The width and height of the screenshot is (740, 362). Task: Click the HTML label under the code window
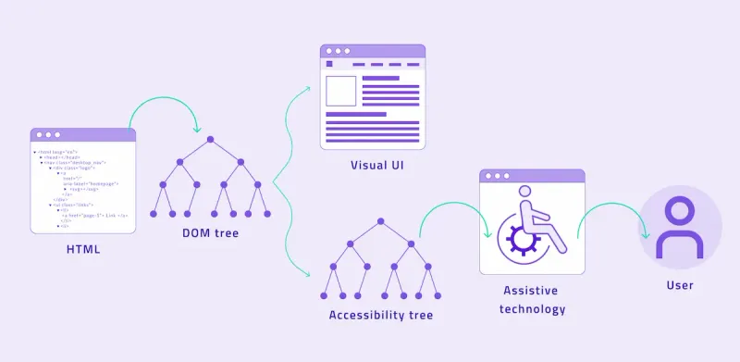pyautogui.click(x=83, y=249)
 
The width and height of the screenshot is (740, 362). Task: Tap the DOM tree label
pyautogui.click(x=211, y=233)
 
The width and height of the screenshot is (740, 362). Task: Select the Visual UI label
pyautogui.click(x=376, y=166)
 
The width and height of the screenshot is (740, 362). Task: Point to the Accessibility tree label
pyautogui.click(x=380, y=315)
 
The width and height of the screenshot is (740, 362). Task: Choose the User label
pyautogui.click(x=680, y=285)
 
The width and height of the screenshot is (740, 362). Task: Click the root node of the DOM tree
pyautogui.click(x=211, y=139)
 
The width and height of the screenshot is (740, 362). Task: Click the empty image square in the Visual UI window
pyautogui.click(x=340, y=92)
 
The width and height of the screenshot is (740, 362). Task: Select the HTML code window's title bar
pyautogui.click(x=83, y=134)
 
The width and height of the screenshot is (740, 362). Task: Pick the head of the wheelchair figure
pyautogui.click(x=525, y=193)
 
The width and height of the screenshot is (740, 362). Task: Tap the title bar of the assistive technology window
pyautogui.click(x=532, y=176)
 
